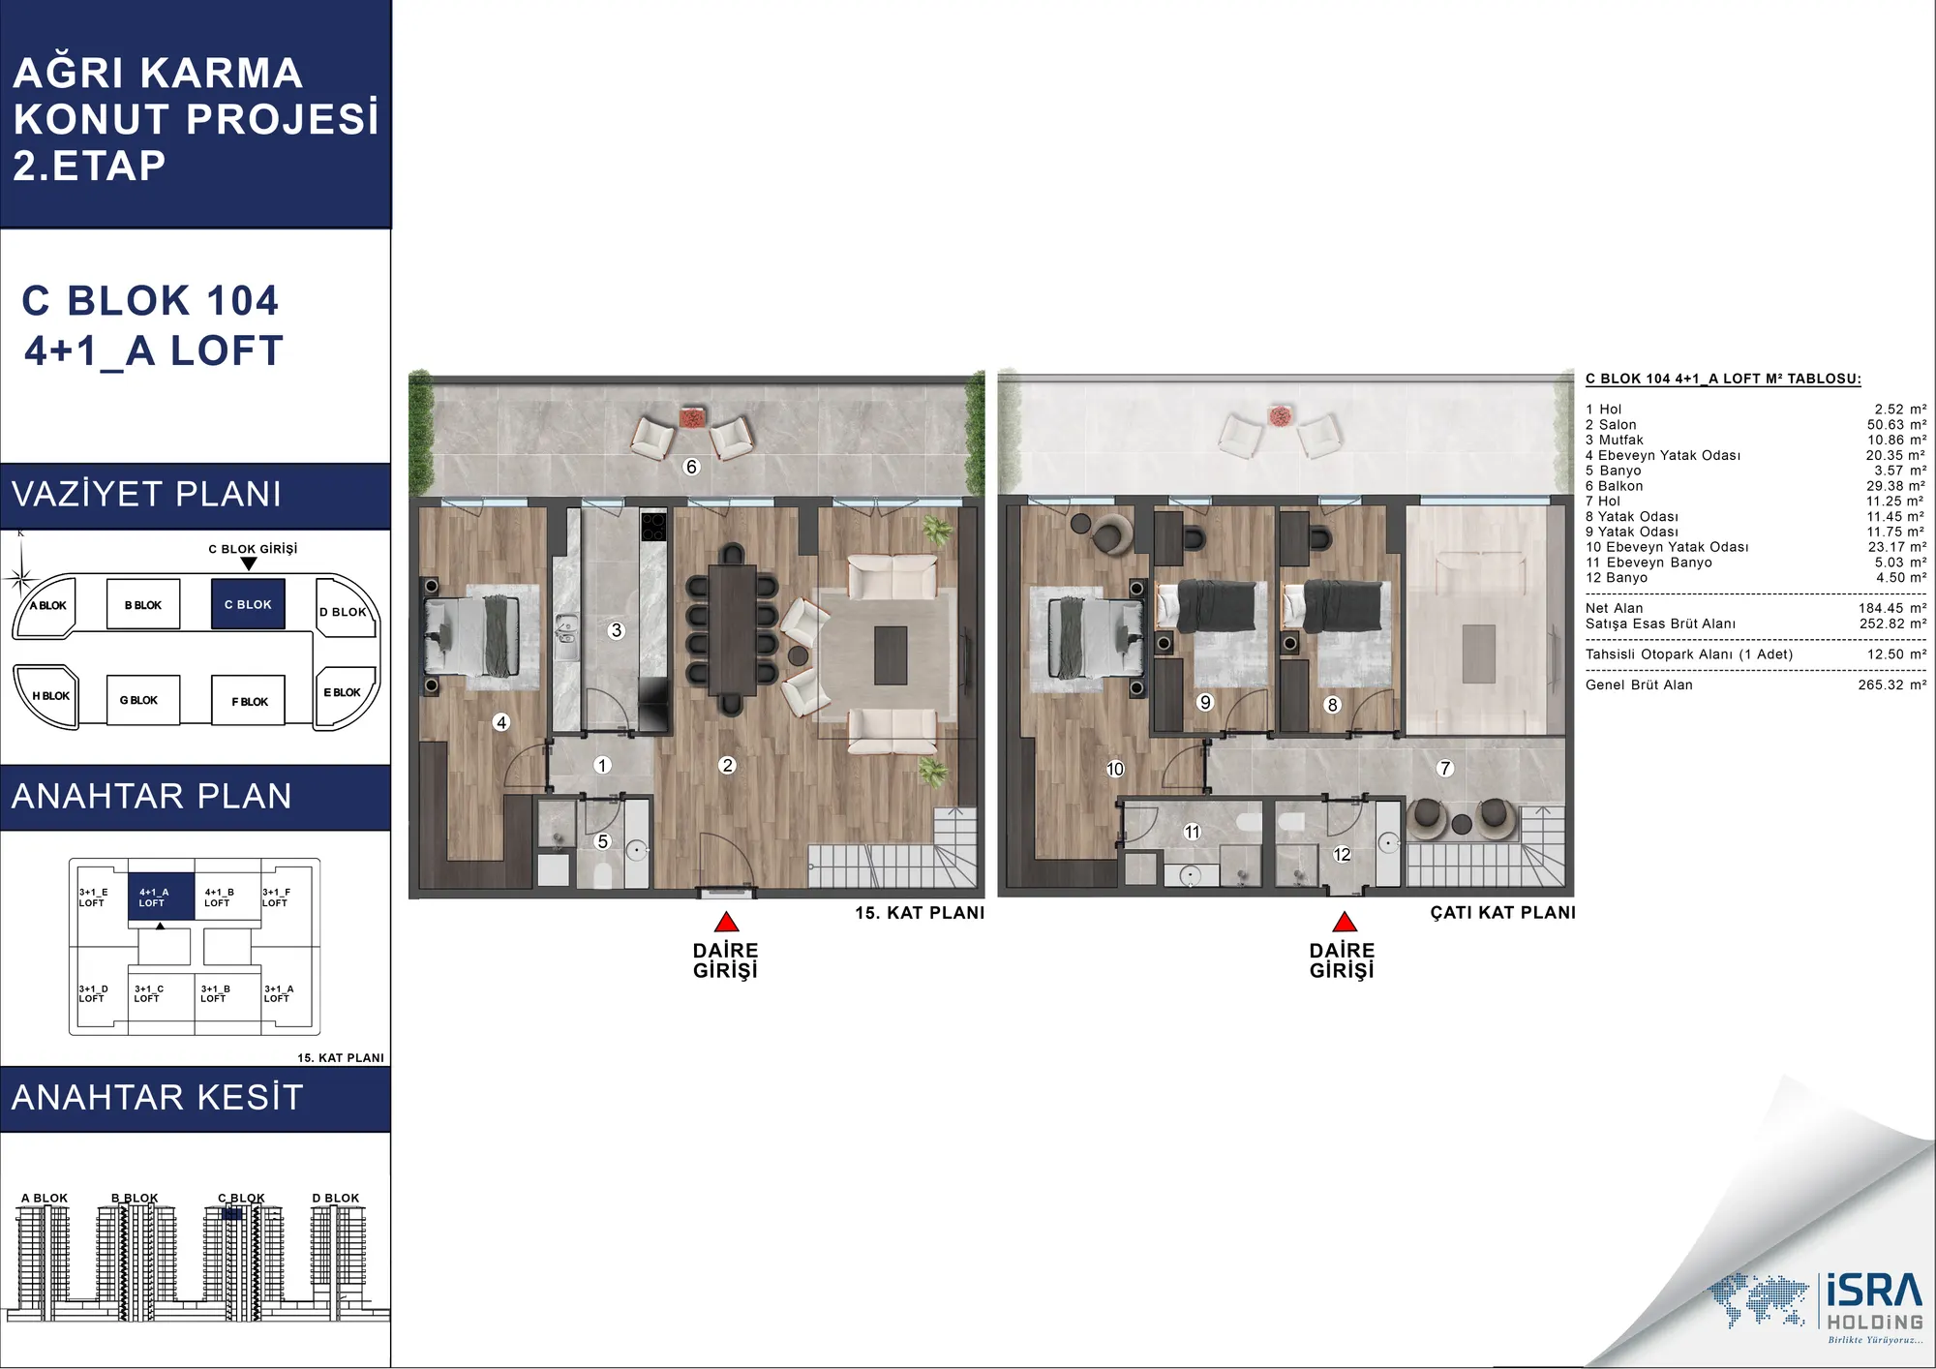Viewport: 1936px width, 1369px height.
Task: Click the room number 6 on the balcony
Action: pos(691,467)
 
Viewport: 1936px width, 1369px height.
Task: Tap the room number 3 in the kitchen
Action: pos(616,630)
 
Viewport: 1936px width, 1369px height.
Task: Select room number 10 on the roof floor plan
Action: pos(1115,769)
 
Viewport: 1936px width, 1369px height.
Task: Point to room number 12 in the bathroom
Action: pos(1342,854)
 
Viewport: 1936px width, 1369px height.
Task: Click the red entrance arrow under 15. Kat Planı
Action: pos(726,922)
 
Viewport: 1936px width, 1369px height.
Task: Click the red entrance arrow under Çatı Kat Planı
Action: pos(1345,922)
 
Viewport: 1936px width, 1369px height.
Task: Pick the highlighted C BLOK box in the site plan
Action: pos(248,604)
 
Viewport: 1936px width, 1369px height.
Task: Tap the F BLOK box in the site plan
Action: pos(249,701)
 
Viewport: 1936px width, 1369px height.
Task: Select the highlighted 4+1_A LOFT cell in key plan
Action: pos(161,897)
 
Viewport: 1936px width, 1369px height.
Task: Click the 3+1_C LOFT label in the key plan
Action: pos(149,993)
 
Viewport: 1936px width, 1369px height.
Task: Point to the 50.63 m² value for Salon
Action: pos(1896,425)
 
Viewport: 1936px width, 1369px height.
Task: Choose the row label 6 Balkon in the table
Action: pos(1614,486)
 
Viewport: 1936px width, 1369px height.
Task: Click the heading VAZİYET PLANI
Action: pos(146,495)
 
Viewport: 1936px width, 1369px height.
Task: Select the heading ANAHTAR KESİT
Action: pos(158,1098)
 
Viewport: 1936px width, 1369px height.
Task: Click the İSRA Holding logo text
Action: pos(1874,1302)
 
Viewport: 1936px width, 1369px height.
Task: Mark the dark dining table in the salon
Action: pos(733,629)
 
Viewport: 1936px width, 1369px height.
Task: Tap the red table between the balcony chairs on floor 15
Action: pos(693,418)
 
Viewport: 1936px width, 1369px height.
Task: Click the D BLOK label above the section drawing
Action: pos(335,1198)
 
